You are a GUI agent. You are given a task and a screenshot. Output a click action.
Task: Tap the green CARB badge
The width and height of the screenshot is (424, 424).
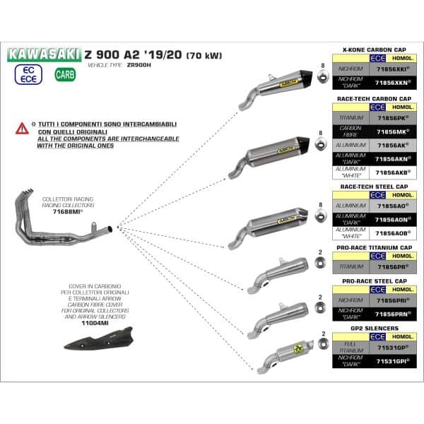65,73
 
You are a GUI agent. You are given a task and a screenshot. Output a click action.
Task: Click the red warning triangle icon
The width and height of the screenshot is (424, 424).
23,128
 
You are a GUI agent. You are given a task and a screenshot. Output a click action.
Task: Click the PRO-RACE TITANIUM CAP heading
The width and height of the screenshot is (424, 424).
377,247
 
